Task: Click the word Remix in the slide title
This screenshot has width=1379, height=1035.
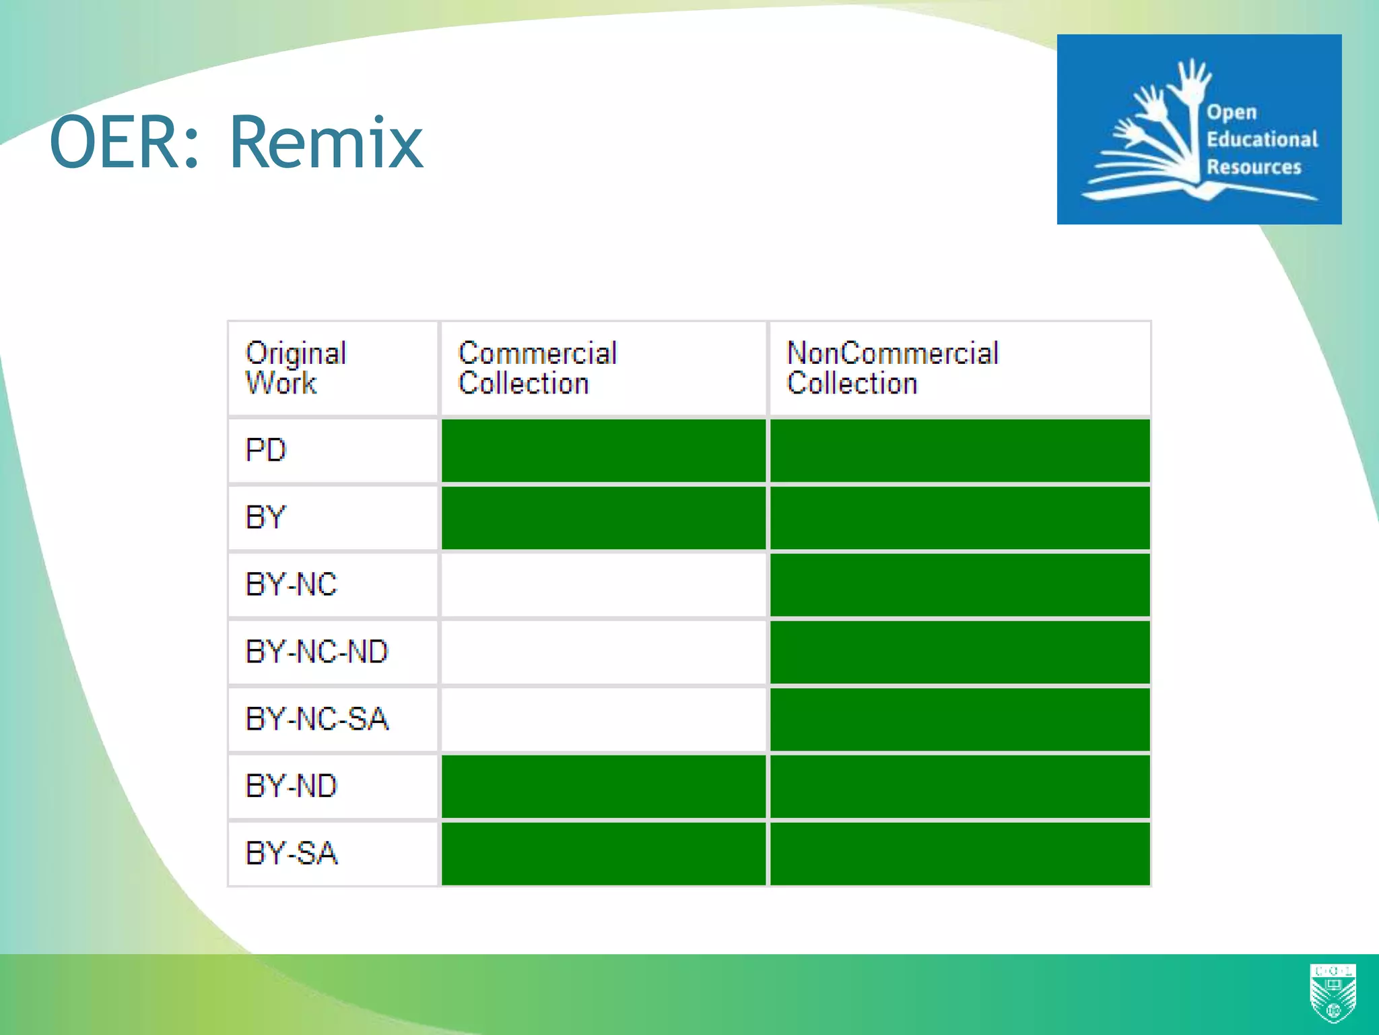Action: click(x=327, y=143)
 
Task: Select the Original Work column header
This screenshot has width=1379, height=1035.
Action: click(x=296, y=368)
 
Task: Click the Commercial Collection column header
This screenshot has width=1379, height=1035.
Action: click(x=537, y=368)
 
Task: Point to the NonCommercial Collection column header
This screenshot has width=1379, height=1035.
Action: click(x=892, y=368)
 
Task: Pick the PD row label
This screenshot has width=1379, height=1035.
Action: click(x=266, y=450)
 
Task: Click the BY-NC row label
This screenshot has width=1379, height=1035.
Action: click(x=291, y=584)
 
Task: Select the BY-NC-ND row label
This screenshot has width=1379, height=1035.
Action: click(x=316, y=652)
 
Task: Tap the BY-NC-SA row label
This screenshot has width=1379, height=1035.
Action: click(x=316, y=719)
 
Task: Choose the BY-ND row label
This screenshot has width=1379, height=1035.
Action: click(x=291, y=786)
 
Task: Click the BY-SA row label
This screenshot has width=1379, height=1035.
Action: click(x=291, y=853)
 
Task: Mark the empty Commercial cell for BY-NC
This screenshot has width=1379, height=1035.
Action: click(x=603, y=584)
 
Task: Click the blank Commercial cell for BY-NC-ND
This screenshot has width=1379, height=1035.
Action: click(x=603, y=652)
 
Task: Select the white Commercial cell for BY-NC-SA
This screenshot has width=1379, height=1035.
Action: click(x=603, y=719)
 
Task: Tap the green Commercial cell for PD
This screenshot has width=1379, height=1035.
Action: click(x=603, y=450)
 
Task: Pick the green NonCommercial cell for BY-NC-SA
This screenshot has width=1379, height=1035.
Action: click(x=960, y=719)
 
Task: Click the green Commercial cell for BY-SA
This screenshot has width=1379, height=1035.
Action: click(x=603, y=853)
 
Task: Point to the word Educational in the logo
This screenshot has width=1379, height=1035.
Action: click(x=1261, y=139)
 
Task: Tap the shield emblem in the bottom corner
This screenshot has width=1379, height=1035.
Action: click(x=1333, y=993)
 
